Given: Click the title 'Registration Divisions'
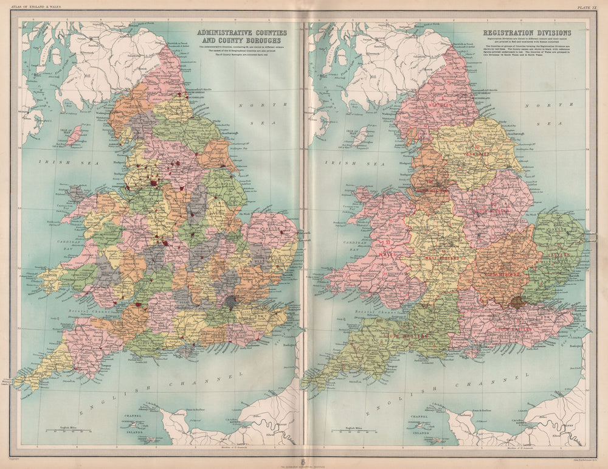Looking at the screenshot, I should click(x=527, y=33).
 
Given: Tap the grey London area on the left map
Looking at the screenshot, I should click(x=231, y=301).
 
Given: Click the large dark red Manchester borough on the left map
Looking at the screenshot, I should click(x=154, y=182).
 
